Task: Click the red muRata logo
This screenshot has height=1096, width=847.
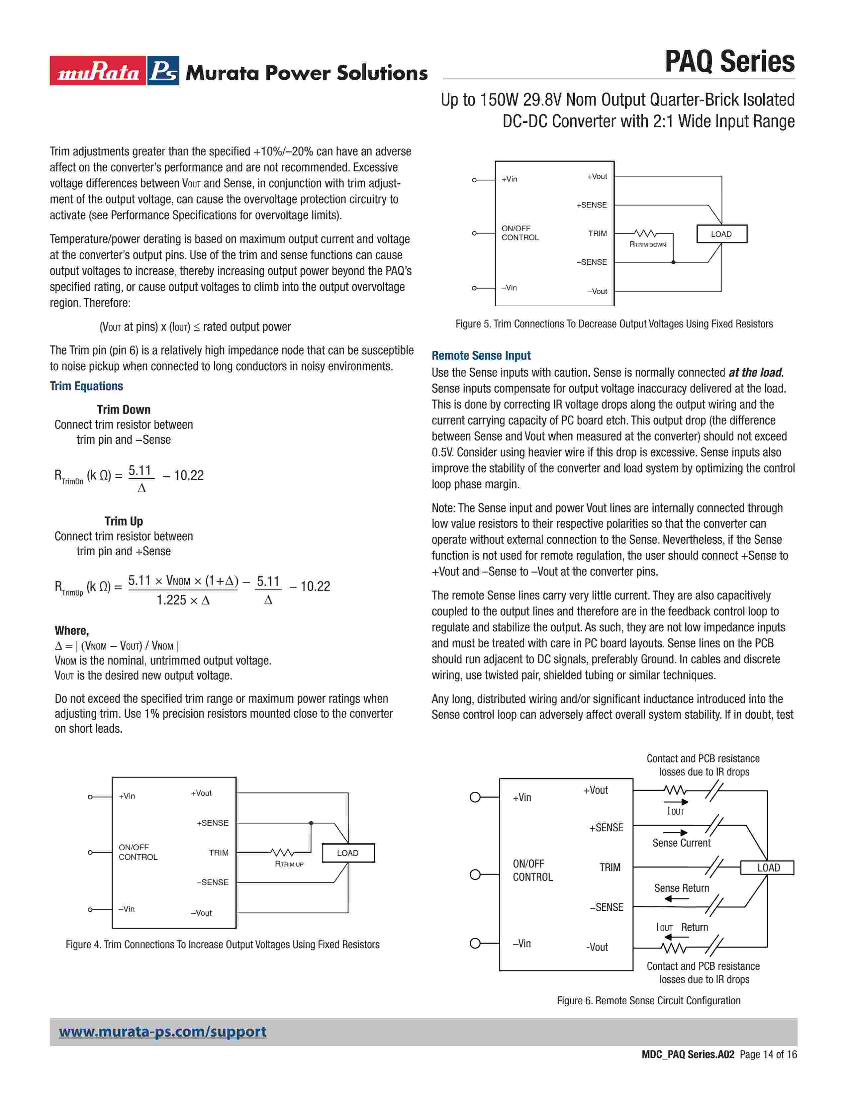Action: pyautogui.click(x=98, y=71)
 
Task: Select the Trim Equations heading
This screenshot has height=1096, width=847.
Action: pyautogui.click(x=86, y=386)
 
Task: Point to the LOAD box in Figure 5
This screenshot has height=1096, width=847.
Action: pyautogui.click(x=721, y=234)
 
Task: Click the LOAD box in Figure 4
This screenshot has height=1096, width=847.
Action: pyautogui.click(x=348, y=853)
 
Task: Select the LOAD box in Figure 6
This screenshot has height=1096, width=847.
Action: pyautogui.click(x=768, y=868)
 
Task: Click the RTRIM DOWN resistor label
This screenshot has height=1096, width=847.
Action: pyautogui.click(x=648, y=245)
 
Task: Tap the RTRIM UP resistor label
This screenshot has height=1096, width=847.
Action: pyautogui.click(x=289, y=864)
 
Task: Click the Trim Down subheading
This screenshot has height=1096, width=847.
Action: pyautogui.click(x=124, y=410)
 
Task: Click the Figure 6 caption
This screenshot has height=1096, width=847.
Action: pyautogui.click(x=649, y=1001)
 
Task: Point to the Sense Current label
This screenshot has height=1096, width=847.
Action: pyautogui.click(x=681, y=843)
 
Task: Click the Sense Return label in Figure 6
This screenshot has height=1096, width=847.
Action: pyautogui.click(x=681, y=888)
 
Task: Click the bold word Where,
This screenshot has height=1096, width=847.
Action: pyautogui.click(x=72, y=631)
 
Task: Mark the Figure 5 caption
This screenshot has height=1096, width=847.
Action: pyautogui.click(x=614, y=324)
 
